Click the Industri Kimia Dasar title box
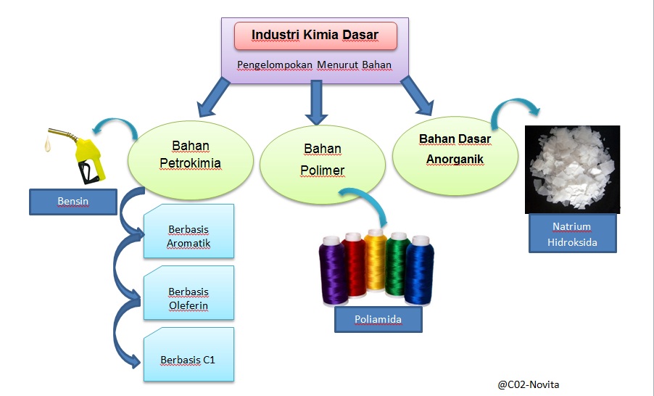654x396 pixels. click(315, 36)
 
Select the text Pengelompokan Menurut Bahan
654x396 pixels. click(314, 65)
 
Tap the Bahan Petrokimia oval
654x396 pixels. click(190, 154)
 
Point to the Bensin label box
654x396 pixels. click(73, 201)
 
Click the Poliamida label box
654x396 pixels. click(378, 319)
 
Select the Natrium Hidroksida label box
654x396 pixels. click(572, 234)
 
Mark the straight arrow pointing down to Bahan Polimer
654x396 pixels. click(314, 102)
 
